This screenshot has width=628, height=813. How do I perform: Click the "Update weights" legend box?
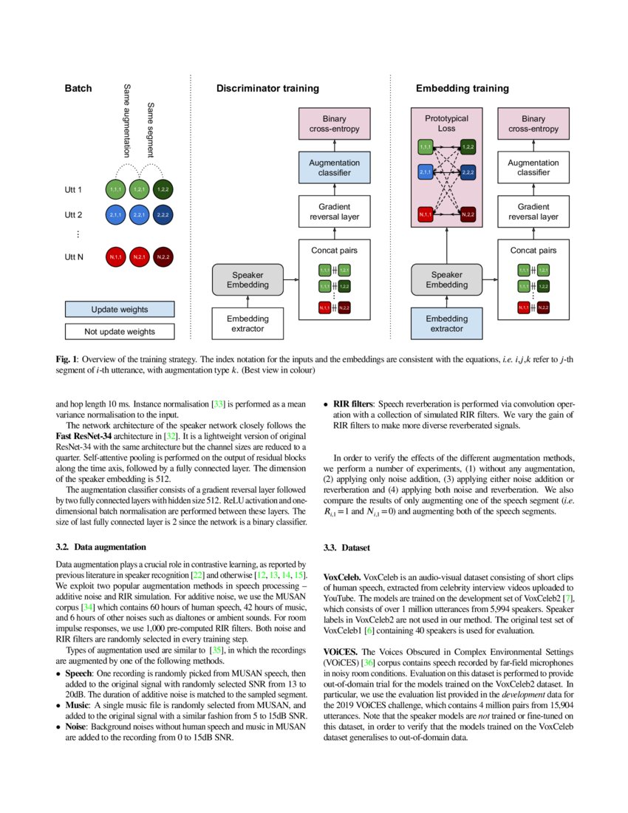[x=119, y=309]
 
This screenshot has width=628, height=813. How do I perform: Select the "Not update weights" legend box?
[x=119, y=331]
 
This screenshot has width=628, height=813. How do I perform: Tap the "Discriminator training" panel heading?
[x=267, y=88]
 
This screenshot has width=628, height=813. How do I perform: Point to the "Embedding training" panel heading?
[x=462, y=88]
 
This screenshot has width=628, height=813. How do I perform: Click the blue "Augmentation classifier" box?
[x=334, y=168]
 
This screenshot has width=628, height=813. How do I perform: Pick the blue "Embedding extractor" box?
[x=447, y=323]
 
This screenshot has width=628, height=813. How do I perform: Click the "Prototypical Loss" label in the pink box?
[x=446, y=123]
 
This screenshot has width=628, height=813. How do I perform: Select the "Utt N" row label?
[x=73, y=258]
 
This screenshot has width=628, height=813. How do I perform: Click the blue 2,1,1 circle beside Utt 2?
[x=115, y=215]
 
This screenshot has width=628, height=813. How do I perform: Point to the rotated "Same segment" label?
[x=151, y=130]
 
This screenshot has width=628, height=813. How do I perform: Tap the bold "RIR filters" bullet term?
[x=352, y=404]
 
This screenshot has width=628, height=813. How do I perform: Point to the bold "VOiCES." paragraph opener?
[x=341, y=652]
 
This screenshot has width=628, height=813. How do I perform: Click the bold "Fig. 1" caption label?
[x=67, y=359]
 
